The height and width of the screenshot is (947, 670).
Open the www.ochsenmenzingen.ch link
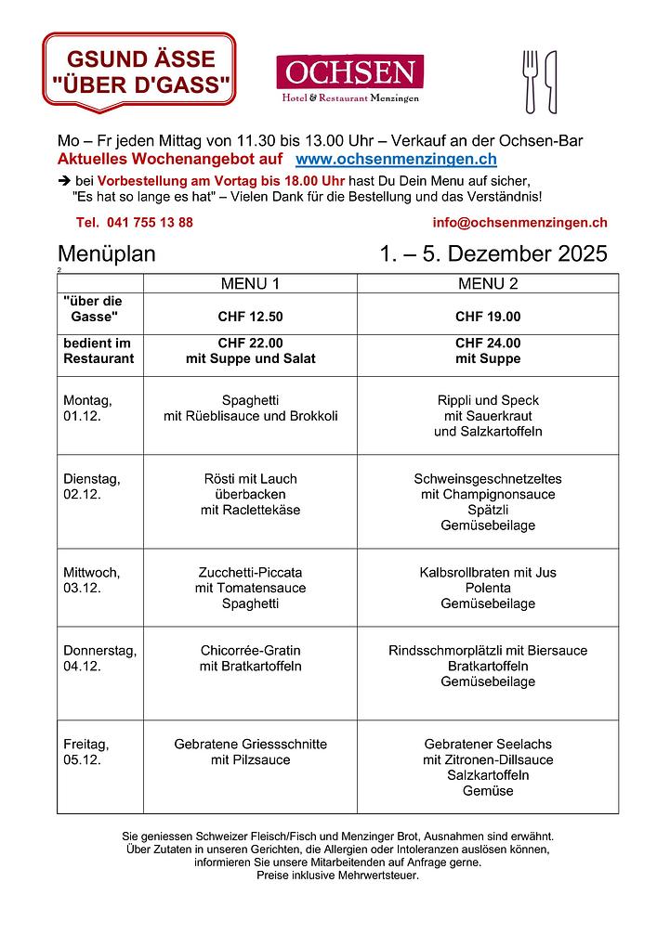395,160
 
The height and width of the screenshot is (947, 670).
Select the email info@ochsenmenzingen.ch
519,223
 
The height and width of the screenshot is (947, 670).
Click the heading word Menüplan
107,254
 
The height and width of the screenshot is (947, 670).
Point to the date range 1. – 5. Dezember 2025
493,254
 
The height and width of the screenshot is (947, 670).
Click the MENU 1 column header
250,283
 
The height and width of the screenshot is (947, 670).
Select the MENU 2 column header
488,283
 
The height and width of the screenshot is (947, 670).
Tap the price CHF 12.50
250,317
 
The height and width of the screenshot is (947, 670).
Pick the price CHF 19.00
488,317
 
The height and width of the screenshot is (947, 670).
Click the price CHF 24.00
488,343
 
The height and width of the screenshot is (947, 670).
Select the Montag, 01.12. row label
88,409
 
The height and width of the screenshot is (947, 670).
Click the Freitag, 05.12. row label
86,752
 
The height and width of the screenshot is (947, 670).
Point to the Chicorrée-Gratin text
250,650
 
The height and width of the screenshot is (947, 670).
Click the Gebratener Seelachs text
488,744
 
